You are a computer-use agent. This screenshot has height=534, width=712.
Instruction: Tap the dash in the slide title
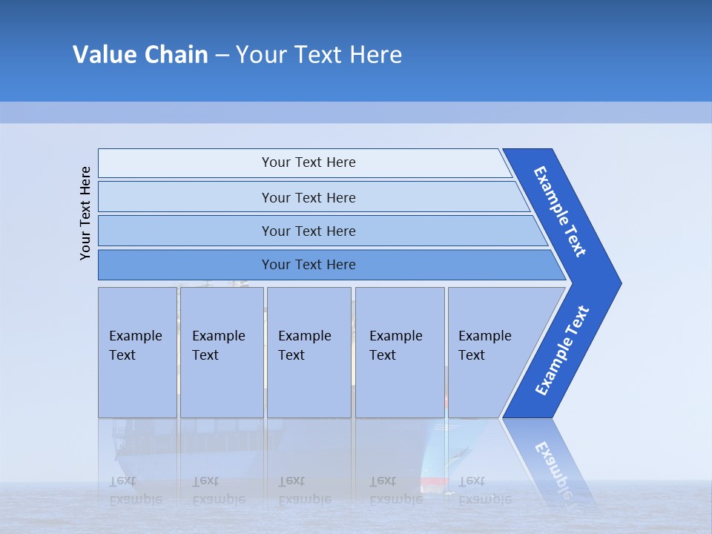[222, 56]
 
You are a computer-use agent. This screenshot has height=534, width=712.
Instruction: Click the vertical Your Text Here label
[85, 213]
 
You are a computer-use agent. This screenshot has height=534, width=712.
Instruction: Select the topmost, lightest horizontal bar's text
[309, 162]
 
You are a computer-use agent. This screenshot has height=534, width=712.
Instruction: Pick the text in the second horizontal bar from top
[309, 197]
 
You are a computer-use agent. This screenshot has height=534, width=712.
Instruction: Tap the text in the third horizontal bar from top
[309, 231]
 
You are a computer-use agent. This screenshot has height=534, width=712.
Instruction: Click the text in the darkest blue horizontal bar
[309, 264]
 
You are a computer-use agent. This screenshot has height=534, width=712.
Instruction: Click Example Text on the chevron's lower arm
[562, 350]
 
